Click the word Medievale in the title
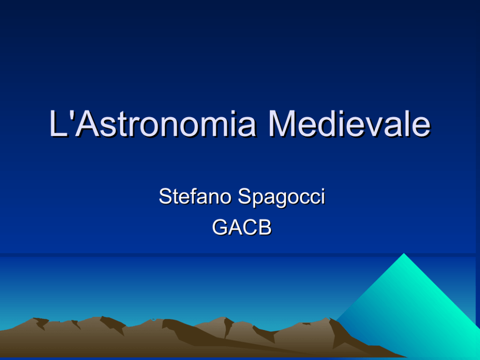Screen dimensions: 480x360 [349, 123]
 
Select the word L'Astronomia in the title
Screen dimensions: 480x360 [152, 123]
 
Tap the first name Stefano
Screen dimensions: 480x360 [195, 196]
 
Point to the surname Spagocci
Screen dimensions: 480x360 [281, 197]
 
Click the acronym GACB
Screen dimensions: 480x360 [242, 227]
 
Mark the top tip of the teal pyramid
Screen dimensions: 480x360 [404, 253]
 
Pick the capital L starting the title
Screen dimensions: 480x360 [58, 123]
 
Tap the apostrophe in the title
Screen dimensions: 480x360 [71, 114]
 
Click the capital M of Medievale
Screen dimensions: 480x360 [282, 123]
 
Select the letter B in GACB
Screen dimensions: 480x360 [265, 227]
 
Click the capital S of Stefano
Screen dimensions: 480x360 [165, 196]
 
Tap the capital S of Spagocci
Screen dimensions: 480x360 [244, 196]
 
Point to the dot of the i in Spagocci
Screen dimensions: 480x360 [322, 190]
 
